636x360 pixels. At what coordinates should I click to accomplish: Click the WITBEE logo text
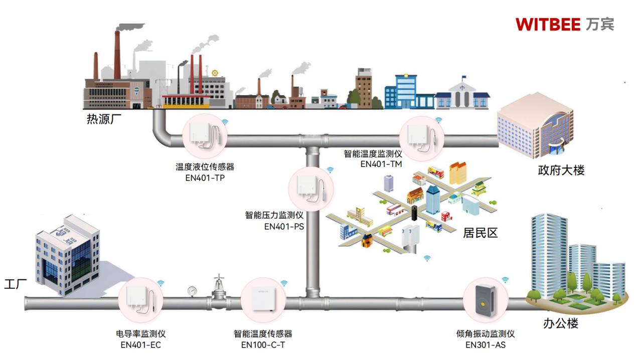point(548,24)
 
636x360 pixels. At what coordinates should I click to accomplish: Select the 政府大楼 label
point(561,170)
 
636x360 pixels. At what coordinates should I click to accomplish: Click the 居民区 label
point(480,233)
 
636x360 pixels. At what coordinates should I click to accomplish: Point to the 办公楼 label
point(560,323)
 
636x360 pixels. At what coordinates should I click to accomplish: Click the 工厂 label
point(16,284)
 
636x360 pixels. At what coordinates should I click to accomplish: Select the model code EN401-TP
point(205,177)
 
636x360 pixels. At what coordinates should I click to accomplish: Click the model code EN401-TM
point(381,163)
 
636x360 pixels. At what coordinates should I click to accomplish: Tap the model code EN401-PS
point(284,226)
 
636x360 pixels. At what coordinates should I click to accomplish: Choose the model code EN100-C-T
point(263,344)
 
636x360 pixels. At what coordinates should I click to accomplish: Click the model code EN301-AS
point(485,344)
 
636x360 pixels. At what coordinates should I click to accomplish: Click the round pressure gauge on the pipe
point(192,290)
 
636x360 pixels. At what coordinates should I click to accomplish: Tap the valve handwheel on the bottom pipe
point(219,277)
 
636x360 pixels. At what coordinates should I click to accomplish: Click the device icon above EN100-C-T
point(263,300)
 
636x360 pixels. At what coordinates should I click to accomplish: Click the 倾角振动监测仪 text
point(485,334)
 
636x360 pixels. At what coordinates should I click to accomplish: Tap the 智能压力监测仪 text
point(274,216)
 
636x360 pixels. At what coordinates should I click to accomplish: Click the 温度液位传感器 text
point(205,166)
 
